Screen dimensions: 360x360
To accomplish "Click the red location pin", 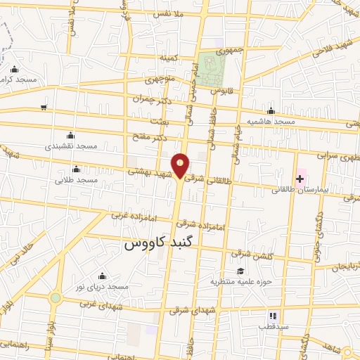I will (181, 165).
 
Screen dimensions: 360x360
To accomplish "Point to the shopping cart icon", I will (44, 107).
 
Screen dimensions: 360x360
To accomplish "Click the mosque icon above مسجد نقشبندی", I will (70, 136).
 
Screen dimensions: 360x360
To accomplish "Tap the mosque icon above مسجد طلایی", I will (76, 169).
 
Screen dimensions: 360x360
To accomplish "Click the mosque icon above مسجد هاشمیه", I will (271, 111).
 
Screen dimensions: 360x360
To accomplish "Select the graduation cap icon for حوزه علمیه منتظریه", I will (240, 271).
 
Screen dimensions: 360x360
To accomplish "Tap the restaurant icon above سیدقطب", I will (273, 316).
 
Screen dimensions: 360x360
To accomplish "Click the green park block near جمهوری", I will (211, 68).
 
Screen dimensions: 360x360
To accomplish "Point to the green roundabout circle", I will (55, 298).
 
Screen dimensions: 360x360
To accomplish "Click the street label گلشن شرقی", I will (245, 255).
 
